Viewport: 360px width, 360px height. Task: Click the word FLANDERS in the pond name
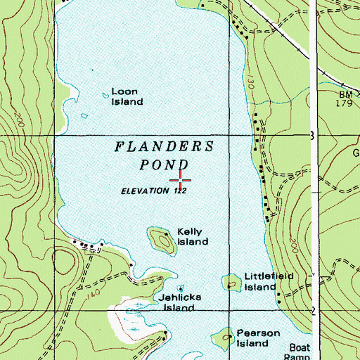coord(164,147)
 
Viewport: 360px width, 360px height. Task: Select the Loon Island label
coord(127,96)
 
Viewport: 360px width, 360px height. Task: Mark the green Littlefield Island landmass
coord(231,282)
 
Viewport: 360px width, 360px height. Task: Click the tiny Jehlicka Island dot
coord(181,288)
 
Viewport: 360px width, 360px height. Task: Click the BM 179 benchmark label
coord(344,98)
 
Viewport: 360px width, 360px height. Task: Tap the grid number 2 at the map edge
coord(313,311)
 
